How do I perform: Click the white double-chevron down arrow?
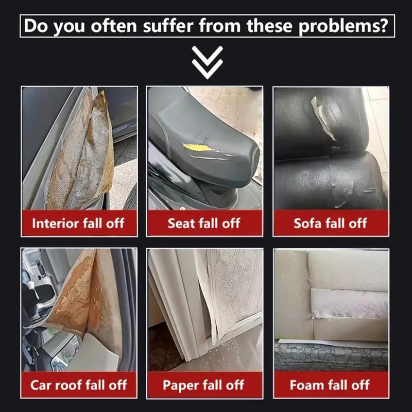coord(207,62)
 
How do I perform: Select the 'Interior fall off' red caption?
coord(78,223)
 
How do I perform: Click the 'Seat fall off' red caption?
coord(204,223)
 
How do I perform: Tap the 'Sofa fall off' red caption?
coord(330,223)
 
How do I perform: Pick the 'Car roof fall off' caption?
coord(78,385)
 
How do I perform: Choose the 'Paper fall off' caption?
coord(204,385)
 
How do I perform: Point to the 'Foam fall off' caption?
coord(330,385)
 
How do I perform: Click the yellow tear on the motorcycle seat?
coord(198,148)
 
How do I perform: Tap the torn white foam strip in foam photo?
coord(350,303)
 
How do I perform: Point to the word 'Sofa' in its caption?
coord(307,223)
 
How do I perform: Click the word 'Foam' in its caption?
coord(307,385)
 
